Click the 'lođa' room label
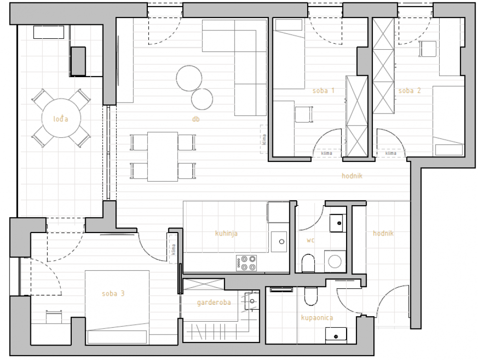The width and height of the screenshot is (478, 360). coord(61,119)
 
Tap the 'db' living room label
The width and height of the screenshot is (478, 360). coord(196,119)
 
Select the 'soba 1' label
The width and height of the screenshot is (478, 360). coord(324,91)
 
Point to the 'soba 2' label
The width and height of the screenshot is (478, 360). coord(409,91)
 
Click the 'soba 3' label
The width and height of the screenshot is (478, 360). coord(113,294)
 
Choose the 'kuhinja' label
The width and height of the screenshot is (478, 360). coord(226,234)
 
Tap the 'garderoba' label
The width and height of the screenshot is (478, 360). coord(214,303)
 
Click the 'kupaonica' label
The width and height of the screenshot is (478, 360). coord(317,318)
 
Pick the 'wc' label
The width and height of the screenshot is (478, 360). coord(310,240)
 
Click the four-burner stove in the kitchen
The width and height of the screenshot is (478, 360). coord(246,263)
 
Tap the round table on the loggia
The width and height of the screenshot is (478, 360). coord(61,118)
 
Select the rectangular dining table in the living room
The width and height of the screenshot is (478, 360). coord(162,157)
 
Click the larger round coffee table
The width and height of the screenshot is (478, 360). coord(189,78)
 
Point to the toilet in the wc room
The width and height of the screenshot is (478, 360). coord(308,263)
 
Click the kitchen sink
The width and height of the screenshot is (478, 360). coord(279,241)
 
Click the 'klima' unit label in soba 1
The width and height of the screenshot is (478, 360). coord(327,153)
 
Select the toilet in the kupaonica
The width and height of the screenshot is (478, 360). coord(311,296)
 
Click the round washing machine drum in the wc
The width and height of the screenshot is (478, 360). coord(335,261)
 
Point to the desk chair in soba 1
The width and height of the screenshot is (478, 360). coord(304,115)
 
